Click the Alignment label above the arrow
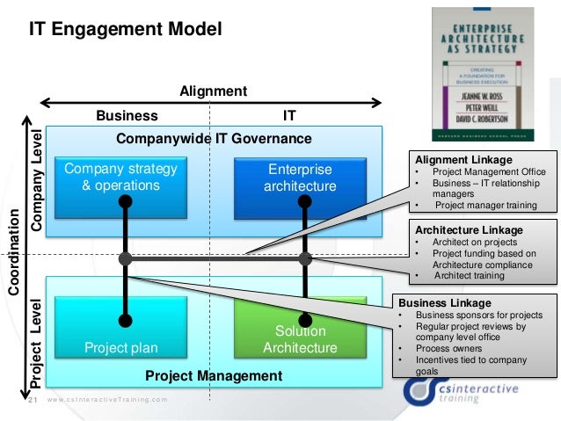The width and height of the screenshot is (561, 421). (x=213, y=91)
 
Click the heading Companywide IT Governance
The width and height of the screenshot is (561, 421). (x=214, y=139)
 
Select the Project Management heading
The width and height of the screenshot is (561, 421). (x=214, y=376)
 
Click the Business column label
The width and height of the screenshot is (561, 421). (x=127, y=115)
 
